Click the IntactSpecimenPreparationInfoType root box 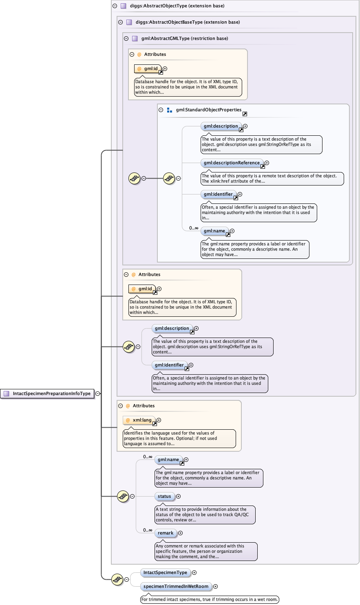pyautogui.click(x=48, y=393)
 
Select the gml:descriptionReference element pyautogui.click(x=232, y=163)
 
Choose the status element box pyautogui.click(x=165, y=497)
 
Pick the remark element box pyautogui.click(x=166, y=533)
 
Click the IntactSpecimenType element pyautogui.click(x=165, y=573)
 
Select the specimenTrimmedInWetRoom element pyautogui.click(x=176, y=587)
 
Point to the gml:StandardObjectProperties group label pyautogui.click(x=208, y=110)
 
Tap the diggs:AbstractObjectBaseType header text pyautogui.click(x=188, y=22)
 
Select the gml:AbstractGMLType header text pyautogui.click(x=184, y=39)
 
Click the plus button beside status pyautogui.click(x=179, y=497)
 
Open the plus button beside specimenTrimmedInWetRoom pyautogui.click(x=216, y=587)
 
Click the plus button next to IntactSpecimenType pyautogui.click(x=194, y=573)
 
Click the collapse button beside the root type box pyautogui.click(x=98, y=393)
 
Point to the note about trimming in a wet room pyautogui.click(x=210, y=599)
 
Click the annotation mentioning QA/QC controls pyautogui.click(x=205, y=514)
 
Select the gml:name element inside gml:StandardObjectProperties pyautogui.click(x=214, y=231)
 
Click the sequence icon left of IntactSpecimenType pyautogui.click(x=117, y=579)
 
